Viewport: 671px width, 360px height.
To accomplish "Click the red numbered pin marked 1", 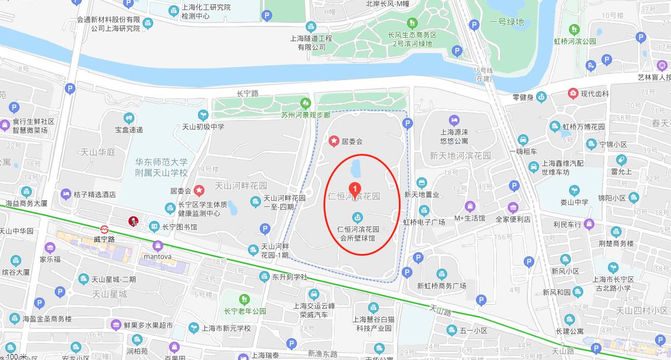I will click(355, 188).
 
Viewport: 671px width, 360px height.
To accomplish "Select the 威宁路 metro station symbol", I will click(104, 229).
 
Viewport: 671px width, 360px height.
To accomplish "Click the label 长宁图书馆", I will click(180, 227).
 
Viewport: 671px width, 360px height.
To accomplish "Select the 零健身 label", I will click(523, 98).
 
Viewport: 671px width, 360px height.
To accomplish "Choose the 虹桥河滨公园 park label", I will click(574, 41).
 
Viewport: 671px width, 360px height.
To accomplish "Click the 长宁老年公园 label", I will click(244, 311).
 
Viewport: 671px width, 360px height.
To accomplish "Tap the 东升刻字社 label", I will click(289, 276).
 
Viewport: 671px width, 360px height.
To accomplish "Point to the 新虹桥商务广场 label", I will click(441, 286).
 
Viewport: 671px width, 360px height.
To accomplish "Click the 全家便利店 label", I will click(513, 219).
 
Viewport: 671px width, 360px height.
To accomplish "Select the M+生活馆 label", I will click(469, 219).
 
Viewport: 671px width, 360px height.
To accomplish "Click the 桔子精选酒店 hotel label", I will click(95, 194).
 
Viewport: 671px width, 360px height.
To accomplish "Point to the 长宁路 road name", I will click(247, 94).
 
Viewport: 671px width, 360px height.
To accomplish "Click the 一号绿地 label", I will click(506, 22).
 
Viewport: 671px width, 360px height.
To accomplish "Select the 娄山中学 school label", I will click(574, 202).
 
